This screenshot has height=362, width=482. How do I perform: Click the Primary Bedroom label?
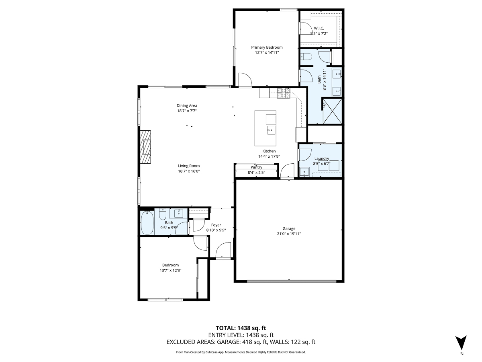coord(267,47)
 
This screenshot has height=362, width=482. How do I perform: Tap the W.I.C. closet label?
coord(319,28)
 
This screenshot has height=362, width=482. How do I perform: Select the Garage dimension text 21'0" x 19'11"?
coord(289,234)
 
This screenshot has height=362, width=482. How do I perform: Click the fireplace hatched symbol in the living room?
coord(145,146)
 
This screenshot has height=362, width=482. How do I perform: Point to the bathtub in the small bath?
coord(147,223)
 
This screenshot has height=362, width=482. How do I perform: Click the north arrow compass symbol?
coord(462,343)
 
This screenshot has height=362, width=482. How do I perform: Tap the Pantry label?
coord(256,167)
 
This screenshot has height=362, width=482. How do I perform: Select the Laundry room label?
coord(322,158)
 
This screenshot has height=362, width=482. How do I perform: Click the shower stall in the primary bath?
coord(332,111)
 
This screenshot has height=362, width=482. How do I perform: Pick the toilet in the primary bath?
coord(306,57)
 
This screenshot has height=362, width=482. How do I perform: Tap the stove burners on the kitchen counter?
coord(284,94)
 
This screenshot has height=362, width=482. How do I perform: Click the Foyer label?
coord(216,225)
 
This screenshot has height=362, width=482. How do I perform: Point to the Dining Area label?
coord(187,106)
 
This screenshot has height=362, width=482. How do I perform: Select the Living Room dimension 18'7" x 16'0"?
coord(189,171)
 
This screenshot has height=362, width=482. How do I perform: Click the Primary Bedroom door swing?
coord(244,80)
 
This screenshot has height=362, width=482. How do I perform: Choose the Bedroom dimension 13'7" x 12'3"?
coord(170,271)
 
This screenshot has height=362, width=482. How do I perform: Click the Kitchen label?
coord(269,151)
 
